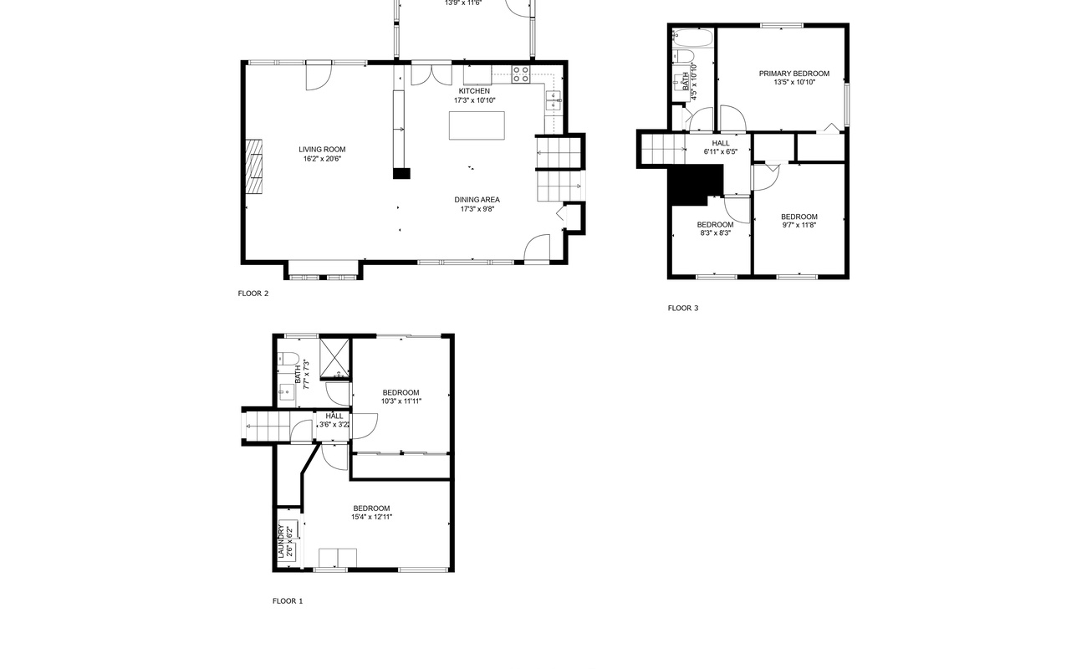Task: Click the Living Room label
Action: pyautogui.click(x=322, y=150)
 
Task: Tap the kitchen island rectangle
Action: pyautogui.click(x=477, y=125)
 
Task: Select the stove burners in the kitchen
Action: pyautogui.click(x=521, y=74)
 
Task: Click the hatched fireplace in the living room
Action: pyautogui.click(x=253, y=166)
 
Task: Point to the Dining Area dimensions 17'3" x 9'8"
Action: pyautogui.click(x=477, y=209)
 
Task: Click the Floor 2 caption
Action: pyautogui.click(x=253, y=294)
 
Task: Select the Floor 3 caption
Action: pyautogui.click(x=683, y=308)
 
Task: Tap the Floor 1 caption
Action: pyautogui.click(x=288, y=601)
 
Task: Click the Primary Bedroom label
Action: pyautogui.click(x=794, y=74)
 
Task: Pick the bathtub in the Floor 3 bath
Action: pyautogui.click(x=693, y=38)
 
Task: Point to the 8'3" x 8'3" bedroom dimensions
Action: pyautogui.click(x=715, y=233)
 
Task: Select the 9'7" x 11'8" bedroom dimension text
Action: pyautogui.click(x=799, y=225)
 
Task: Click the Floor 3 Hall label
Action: pyautogui.click(x=721, y=143)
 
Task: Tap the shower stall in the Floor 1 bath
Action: pyautogui.click(x=334, y=358)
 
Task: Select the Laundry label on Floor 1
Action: pyautogui.click(x=280, y=541)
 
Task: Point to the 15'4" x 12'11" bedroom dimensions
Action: pyautogui.click(x=372, y=518)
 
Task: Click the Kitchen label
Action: pyautogui.click(x=474, y=91)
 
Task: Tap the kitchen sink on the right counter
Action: pyautogui.click(x=554, y=101)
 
